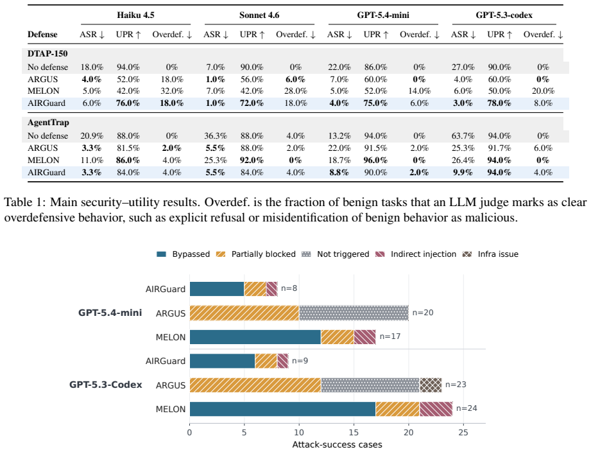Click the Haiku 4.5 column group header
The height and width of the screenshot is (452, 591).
pos(135,15)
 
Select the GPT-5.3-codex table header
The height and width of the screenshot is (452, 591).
pos(504,15)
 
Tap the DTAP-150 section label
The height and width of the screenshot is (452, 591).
pos(47,53)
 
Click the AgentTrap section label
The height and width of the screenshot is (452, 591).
pos(48,123)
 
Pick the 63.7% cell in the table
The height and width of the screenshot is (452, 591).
pos(463,135)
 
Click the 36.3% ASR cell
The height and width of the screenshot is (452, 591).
pos(216,135)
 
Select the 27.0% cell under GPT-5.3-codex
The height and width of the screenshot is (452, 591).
pos(463,67)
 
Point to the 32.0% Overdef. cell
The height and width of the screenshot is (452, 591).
pos(172,91)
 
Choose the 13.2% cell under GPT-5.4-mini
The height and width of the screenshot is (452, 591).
pos(339,135)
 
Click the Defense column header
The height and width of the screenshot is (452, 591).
pos(42,34)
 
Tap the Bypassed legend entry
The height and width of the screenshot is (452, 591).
pos(183,254)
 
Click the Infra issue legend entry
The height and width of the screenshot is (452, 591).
pos(490,254)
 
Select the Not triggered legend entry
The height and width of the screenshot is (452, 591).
pos(336,254)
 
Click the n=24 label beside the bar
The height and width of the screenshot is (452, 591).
pos(467,408)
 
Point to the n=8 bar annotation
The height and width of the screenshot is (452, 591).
pos(289,288)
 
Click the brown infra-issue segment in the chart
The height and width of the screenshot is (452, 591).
pos(431,385)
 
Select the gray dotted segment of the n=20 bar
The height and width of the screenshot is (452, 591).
pos(354,313)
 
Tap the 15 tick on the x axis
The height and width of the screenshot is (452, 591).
pos(354,432)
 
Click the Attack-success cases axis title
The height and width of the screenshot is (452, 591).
pos(338,445)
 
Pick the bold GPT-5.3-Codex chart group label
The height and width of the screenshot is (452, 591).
pos(105,385)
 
